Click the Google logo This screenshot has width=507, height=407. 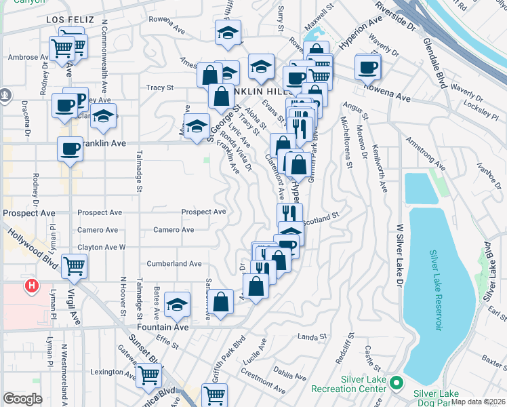(22, 399)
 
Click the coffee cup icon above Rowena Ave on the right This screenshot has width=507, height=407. (367, 67)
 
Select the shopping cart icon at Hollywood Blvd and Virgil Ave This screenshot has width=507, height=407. (74, 265)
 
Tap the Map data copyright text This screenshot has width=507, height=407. (478, 401)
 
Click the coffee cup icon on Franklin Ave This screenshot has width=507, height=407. (70, 149)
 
